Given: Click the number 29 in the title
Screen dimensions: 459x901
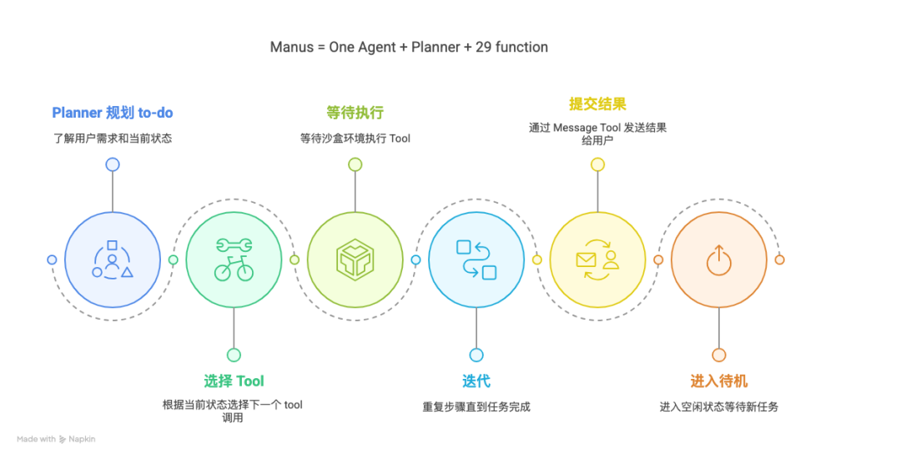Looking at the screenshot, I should tap(484, 48).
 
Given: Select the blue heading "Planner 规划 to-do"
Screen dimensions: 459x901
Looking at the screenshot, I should tap(113, 113).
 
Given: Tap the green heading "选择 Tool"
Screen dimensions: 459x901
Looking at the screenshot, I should tap(234, 381).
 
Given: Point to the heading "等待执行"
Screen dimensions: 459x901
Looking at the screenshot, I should tap(355, 113).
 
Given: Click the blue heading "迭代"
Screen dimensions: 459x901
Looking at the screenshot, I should tap(476, 381).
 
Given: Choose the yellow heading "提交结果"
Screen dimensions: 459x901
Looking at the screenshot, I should tap(597, 104).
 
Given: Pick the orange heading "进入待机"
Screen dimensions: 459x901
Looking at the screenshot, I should tap(718, 381).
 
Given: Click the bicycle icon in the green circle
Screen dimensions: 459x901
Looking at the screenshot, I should tap(234, 270).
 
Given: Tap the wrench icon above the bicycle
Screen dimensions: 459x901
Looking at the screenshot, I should tap(234, 245).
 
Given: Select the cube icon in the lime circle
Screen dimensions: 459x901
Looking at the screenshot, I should tap(355, 260).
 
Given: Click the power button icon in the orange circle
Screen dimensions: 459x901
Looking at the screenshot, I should tap(718, 260).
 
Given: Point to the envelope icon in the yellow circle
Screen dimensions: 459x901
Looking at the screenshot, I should tap(587, 260).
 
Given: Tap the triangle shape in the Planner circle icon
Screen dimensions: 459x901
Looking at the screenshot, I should tap(127, 272).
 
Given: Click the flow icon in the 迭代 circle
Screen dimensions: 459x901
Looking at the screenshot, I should tap(476, 260).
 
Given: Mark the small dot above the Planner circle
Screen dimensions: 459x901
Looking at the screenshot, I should tap(113, 164).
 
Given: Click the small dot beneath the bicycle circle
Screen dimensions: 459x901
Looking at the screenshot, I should tap(234, 355).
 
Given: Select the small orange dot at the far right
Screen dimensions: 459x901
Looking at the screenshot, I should tap(779, 260).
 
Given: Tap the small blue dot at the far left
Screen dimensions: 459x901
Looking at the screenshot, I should tap(52, 260).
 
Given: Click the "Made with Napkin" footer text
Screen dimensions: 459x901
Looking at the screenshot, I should tap(56, 439).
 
